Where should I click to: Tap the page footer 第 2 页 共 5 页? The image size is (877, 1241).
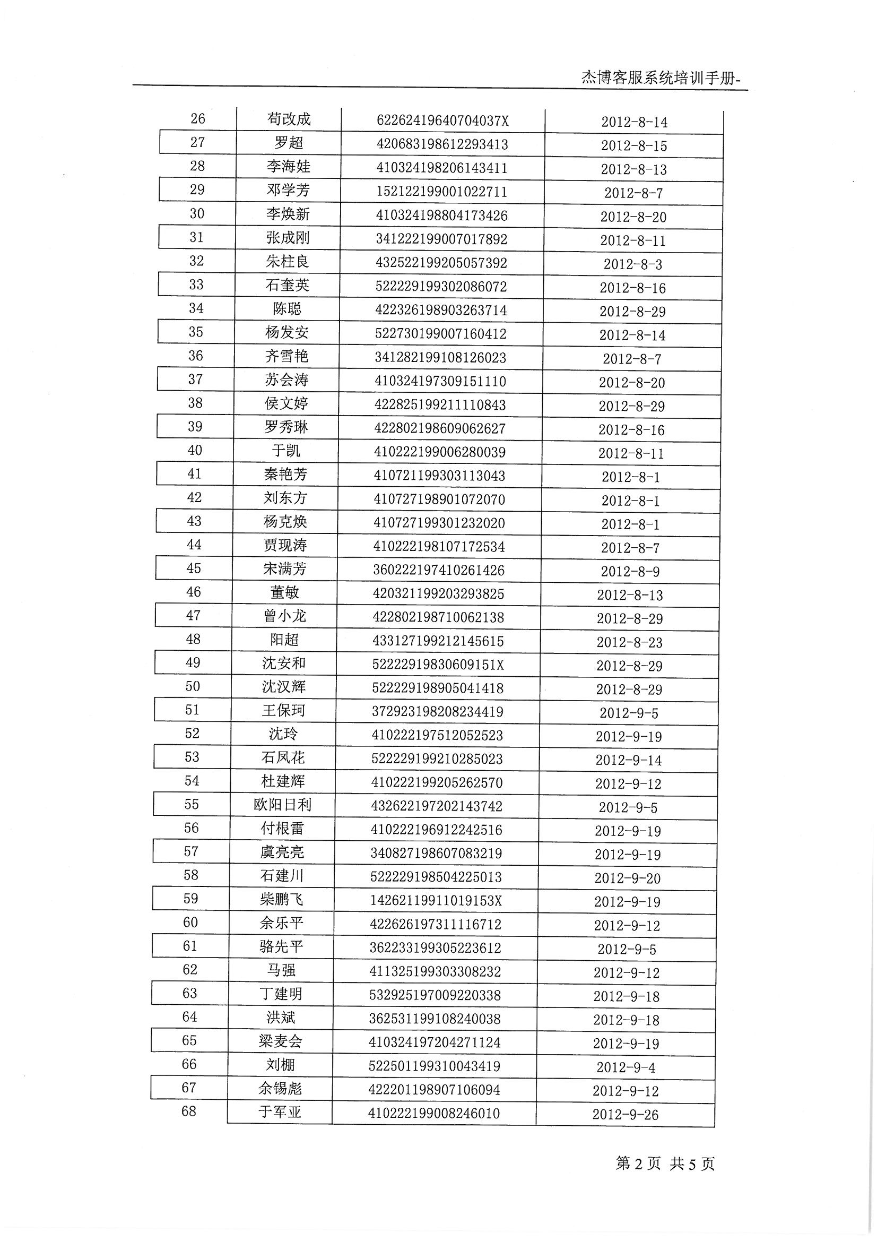pos(665,1163)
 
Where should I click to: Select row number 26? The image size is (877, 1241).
pos(198,118)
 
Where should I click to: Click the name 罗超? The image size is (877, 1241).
pos(289,143)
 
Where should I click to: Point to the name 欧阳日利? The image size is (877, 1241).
pos(283,805)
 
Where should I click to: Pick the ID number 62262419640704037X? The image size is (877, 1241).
pos(442,120)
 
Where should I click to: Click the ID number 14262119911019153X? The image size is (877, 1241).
pos(436,901)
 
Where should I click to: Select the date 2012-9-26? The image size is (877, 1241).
pos(625,1115)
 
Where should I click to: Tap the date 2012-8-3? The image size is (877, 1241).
pos(633,264)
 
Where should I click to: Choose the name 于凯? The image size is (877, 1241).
pos(286,450)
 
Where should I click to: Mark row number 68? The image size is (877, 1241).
pos(188,1112)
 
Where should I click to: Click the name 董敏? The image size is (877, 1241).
pos(284,592)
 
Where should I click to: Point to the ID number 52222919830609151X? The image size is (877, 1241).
pos(438,664)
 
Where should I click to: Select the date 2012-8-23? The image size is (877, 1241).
pos(630,642)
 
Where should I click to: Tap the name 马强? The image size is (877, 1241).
pos(281,970)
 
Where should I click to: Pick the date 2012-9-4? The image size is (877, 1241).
pos(626,1067)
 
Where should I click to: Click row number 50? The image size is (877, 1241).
pos(193,686)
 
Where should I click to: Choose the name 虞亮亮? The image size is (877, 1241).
pos(282,852)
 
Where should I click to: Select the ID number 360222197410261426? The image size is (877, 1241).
pos(438,570)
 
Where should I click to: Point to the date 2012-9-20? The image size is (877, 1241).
pos(627,878)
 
